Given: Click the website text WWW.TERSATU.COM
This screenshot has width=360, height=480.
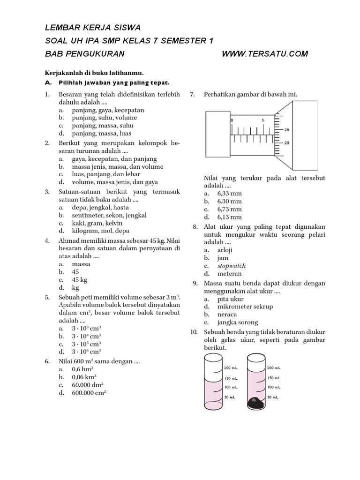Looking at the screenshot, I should tap(265, 54).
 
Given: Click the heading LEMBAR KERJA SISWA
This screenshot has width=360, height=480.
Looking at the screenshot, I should tap(92, 28).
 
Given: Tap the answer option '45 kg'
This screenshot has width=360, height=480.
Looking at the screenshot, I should tap(80, 280).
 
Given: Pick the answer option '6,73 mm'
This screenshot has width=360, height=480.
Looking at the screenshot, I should tap(229, 209).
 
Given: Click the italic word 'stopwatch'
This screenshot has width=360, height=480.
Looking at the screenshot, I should tap(231, 266).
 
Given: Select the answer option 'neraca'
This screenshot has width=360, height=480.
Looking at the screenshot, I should tap(227, 315).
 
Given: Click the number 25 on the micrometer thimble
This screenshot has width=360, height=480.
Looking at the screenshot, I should tap(286, 130).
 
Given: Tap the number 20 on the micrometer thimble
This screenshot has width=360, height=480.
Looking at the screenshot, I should tap(286, 143).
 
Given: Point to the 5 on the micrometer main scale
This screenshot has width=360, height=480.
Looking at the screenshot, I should tap(263, 120).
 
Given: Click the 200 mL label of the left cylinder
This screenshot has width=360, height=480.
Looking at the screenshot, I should tap(231, 368).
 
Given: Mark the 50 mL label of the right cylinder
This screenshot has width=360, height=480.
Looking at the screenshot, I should tap(273, 397).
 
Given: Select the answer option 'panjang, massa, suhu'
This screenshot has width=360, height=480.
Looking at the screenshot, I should tap(103, 126).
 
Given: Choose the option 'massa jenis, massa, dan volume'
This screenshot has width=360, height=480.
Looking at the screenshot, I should tap(117, 166).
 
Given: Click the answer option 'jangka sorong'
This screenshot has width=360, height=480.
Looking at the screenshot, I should tap(238, 322).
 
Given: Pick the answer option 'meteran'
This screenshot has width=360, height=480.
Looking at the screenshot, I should tap(229, 274).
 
